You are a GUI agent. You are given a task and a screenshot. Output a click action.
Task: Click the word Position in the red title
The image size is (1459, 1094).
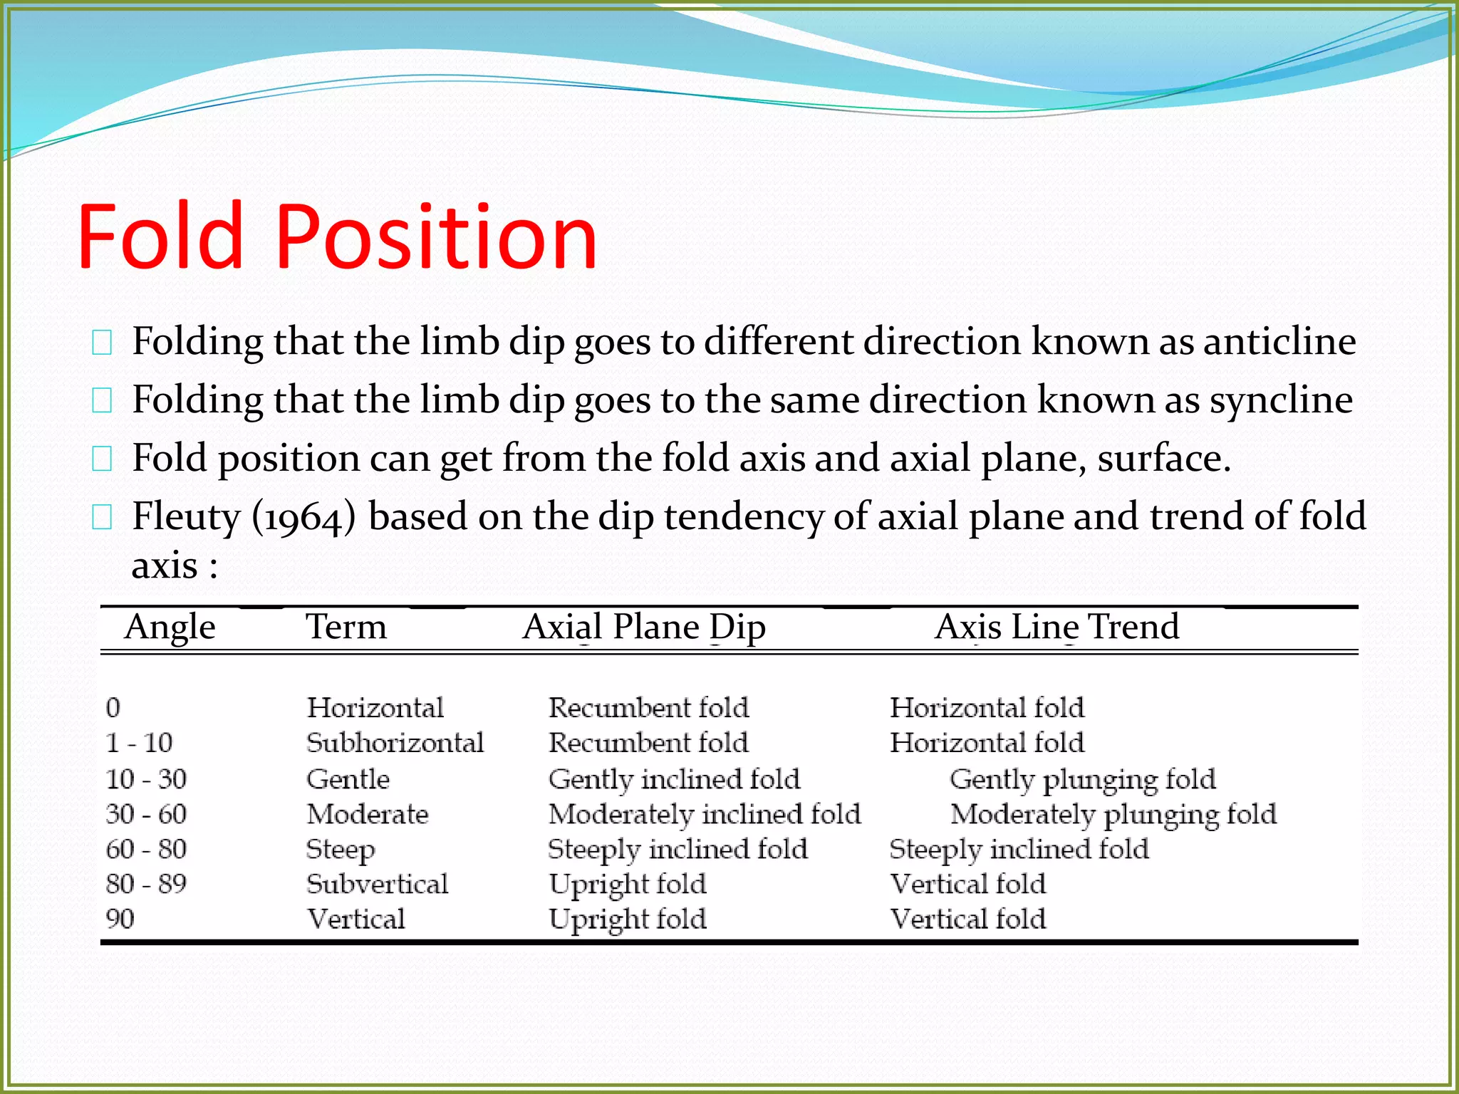[x=436, y=238]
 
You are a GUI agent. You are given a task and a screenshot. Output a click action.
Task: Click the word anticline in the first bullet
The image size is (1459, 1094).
[x=1279, y=341]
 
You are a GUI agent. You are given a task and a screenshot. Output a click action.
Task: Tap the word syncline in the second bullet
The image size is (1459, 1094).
[x=1281, y=400]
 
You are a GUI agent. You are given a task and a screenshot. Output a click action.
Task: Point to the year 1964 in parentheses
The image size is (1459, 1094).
[x=303, y=517]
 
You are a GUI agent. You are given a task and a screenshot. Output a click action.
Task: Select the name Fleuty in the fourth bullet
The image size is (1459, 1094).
[x=187, y=517]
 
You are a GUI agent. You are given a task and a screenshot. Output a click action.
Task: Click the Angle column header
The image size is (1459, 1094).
[x=170, y=627]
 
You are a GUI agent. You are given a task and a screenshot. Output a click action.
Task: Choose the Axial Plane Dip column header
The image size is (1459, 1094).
[x=644, y=627]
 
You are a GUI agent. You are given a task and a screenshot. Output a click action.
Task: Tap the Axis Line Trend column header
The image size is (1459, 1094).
[x=1056, y=627]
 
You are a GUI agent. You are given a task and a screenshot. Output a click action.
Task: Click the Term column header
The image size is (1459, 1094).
[x=346, y=627]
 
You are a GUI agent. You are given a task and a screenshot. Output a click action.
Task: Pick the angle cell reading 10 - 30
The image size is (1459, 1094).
[x=146, y=779]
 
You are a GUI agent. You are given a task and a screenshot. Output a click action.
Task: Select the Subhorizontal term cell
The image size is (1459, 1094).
[x=395, y=743]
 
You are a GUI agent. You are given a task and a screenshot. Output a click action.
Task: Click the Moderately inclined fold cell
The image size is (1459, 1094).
[x=704, y=814]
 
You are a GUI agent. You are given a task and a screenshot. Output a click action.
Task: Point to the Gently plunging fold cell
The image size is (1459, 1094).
[x=1082, y=779]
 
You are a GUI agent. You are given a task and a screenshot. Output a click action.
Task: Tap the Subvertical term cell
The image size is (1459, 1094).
[x=377, y=884]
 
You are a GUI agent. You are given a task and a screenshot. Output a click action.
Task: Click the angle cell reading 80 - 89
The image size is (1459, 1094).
[x=146, y=884]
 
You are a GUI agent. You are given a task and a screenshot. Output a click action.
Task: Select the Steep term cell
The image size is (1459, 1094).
[x=341, y=850]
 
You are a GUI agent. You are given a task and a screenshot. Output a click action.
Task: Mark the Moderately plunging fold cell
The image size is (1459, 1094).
[x=1113, y=814]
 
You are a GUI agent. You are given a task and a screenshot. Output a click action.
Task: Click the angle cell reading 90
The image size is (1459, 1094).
[x=120, y=919]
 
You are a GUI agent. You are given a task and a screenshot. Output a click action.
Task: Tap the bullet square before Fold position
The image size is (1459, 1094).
[x=102, y=459]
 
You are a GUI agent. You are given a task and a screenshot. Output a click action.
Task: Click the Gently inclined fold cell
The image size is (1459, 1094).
[x=674, y=779]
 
